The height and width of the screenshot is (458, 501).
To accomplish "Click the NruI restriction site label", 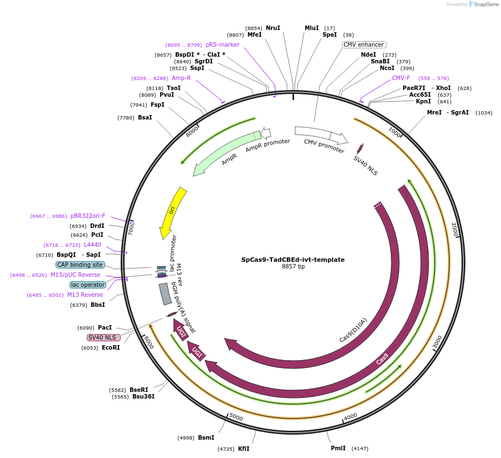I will [273, 28].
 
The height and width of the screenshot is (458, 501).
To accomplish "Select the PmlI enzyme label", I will [338, 448].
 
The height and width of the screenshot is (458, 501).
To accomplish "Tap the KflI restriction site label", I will [244, 448].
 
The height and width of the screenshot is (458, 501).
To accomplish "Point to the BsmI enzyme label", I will [206, 437].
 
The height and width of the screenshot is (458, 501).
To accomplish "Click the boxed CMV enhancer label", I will [364, 44].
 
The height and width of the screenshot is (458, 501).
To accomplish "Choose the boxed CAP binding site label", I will [80, 265].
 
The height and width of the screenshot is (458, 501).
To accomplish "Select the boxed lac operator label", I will [88, 285].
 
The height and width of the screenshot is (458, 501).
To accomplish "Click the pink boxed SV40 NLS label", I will [103, 337].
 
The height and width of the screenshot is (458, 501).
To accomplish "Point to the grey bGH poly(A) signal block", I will [165, 294].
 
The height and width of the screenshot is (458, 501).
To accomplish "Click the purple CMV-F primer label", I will [401, 78].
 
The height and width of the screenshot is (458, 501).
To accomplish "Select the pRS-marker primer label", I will [222, 44].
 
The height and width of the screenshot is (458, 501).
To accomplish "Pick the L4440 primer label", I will [93, 245].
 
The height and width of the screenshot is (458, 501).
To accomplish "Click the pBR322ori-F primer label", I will [88, 216].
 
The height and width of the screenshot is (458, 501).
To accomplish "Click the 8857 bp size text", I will [293, 267].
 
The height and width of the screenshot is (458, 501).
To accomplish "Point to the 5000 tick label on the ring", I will [236, 417].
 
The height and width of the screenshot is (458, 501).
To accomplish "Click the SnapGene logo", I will [483, 4].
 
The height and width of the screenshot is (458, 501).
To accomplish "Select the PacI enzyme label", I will [105, 328].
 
